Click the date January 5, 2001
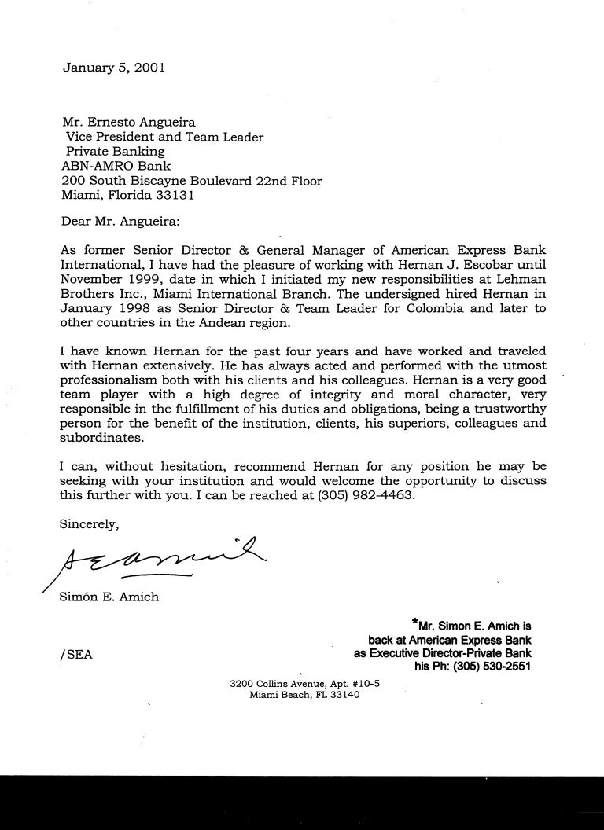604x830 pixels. pyautogui.click(x=113, y=68)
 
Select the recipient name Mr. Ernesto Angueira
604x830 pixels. pyautogui.click(x=130, y=122)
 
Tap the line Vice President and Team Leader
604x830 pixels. pyautogui.click(x=164, y=137)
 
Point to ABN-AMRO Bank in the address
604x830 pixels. pyautogui.click(x=115, y=166)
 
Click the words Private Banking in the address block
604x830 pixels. pyautogui.click(x=115, y=151)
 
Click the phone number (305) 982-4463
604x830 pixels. pyautogui.click(x=364, y=497)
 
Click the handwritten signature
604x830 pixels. pyautogui.click(x=157, y=559)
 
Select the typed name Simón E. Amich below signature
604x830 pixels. pyautogui.click(x=109, y=597)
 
